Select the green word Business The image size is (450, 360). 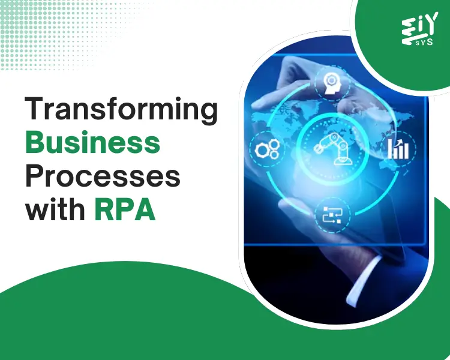(92, 144)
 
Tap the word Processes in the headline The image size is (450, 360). (103, 178)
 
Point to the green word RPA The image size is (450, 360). (125, 211)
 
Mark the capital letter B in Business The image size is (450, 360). (36, 144)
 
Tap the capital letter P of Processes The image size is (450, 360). (34, 178)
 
